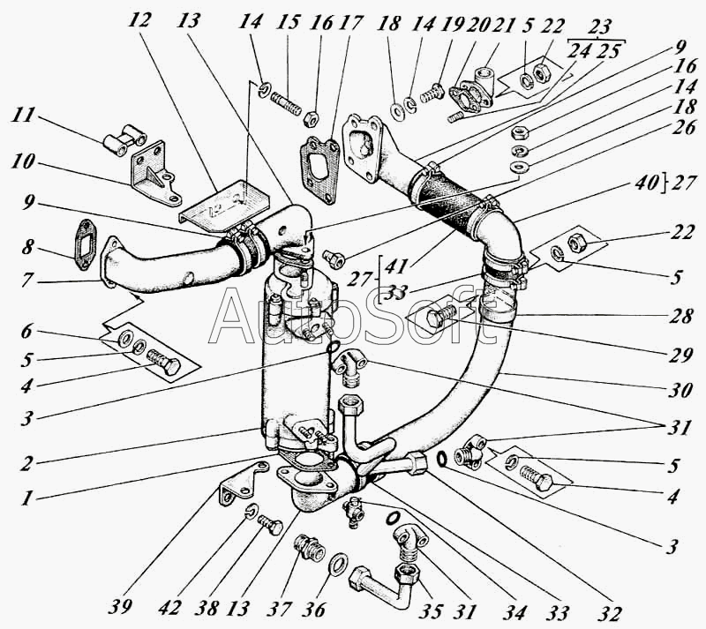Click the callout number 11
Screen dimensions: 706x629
point(23,116)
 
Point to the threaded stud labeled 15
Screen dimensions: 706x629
point(286,104)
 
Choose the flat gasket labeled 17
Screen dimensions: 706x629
point(319,170)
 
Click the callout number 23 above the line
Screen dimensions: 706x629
point(599,26)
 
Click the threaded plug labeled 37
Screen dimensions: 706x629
point(310,547)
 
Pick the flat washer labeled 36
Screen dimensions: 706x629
point(339,563)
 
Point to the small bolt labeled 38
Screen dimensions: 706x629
point(270,525)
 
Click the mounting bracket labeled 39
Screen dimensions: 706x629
point(238,484)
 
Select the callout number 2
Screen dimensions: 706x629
point(26,462)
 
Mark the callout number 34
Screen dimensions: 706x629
point(514,611)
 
